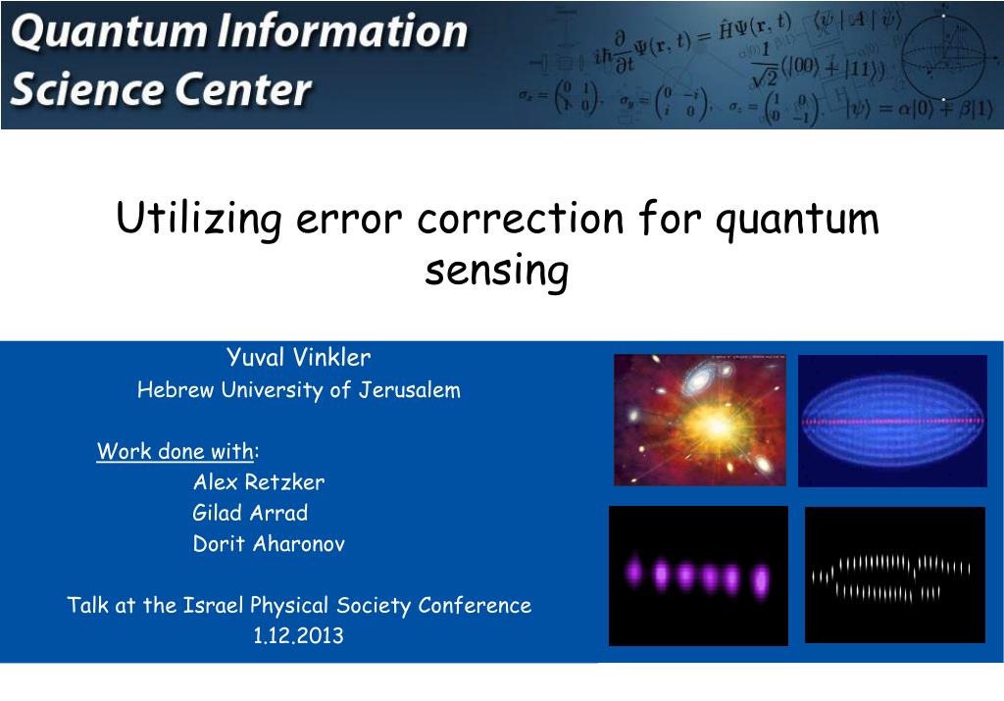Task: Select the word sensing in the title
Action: pyautogui.click(x=497, y=272)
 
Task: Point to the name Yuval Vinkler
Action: pyautogui.click(x=298, y=357)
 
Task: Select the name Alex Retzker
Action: pyautogui.click(x=258, y=482)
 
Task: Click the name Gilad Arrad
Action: pyautogui.click(x=250, y=513)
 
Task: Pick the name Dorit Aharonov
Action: pyautogui.click(x=269, y=544)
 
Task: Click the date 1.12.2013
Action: pyautogui.click(x=298, y=635)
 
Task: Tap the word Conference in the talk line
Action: pyautogui.click(x=475, y=605)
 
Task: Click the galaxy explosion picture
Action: pyautogui.click(x=700, y=421)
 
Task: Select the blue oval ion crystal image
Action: pyautogui.click(x=892, y=421)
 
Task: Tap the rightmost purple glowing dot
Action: pyautogui.click(x=759, y=579)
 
